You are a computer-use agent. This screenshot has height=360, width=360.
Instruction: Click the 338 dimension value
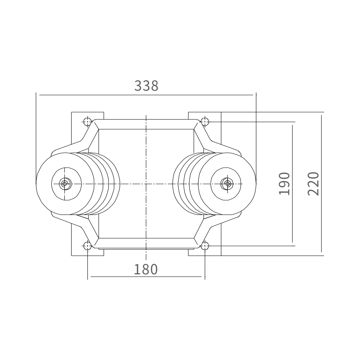[x=146, y=86]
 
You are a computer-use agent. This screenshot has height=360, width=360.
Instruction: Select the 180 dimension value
[x=146, y=269]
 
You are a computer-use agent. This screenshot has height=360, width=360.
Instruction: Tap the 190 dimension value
[x=284, y=184]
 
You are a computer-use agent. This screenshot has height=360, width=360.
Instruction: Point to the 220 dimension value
[x=313, y=184]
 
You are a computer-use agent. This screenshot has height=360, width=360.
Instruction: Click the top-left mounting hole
[x=87, y=122]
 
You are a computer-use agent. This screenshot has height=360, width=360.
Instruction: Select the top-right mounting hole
[x=205, y=122]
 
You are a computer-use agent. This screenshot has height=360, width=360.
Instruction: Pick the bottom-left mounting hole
[x=87, y=246]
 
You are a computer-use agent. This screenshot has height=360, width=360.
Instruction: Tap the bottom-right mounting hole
[x=205, y=246]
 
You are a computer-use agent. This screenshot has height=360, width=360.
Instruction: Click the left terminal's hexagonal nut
[x=65, y=184]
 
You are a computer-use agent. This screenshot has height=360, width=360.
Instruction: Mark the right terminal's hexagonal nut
[x=227, y=184]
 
